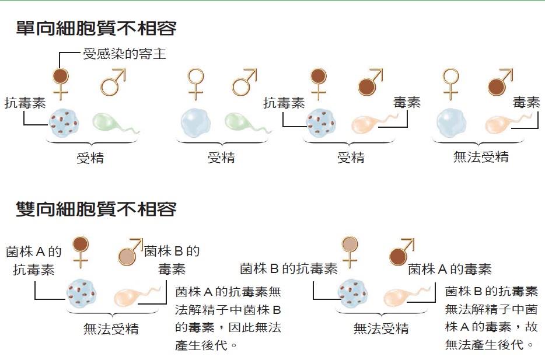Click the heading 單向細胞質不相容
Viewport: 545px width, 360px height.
[96, 28]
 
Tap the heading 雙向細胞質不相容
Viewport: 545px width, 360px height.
[96, 209]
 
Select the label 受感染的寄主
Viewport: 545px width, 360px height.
[124, 54]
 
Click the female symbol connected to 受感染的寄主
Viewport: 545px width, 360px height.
[61, 84]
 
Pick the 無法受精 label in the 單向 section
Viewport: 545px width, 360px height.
[481, 157]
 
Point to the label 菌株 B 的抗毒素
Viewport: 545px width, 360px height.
[288, 268]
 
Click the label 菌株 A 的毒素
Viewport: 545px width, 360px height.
[450, 270]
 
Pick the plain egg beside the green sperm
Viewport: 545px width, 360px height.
[196, 123]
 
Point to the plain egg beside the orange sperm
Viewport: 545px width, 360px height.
[452, 123]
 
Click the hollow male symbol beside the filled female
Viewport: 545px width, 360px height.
[113, 82]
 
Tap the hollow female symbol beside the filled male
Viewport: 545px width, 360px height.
[450, 84]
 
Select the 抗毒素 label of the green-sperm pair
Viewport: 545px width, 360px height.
[25, 103]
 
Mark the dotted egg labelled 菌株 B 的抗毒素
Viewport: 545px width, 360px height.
[352, 293]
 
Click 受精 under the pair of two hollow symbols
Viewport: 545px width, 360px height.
[221, 158]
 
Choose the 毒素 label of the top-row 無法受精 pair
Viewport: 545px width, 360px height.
[526, 103]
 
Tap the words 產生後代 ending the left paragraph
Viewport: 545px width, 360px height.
[201, 345]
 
